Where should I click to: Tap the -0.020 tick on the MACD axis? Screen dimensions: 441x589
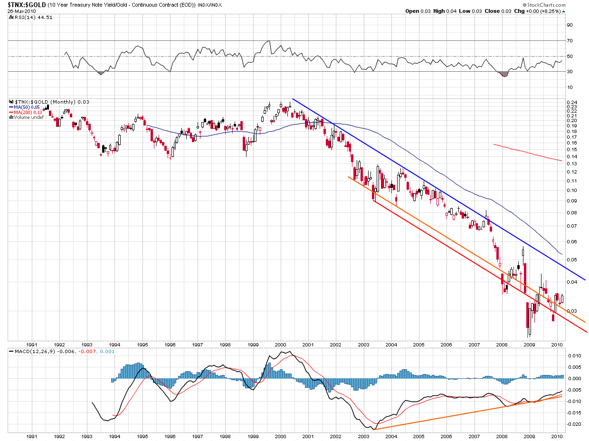coord(574,424)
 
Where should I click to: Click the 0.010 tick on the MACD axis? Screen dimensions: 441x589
coord(574,355)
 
